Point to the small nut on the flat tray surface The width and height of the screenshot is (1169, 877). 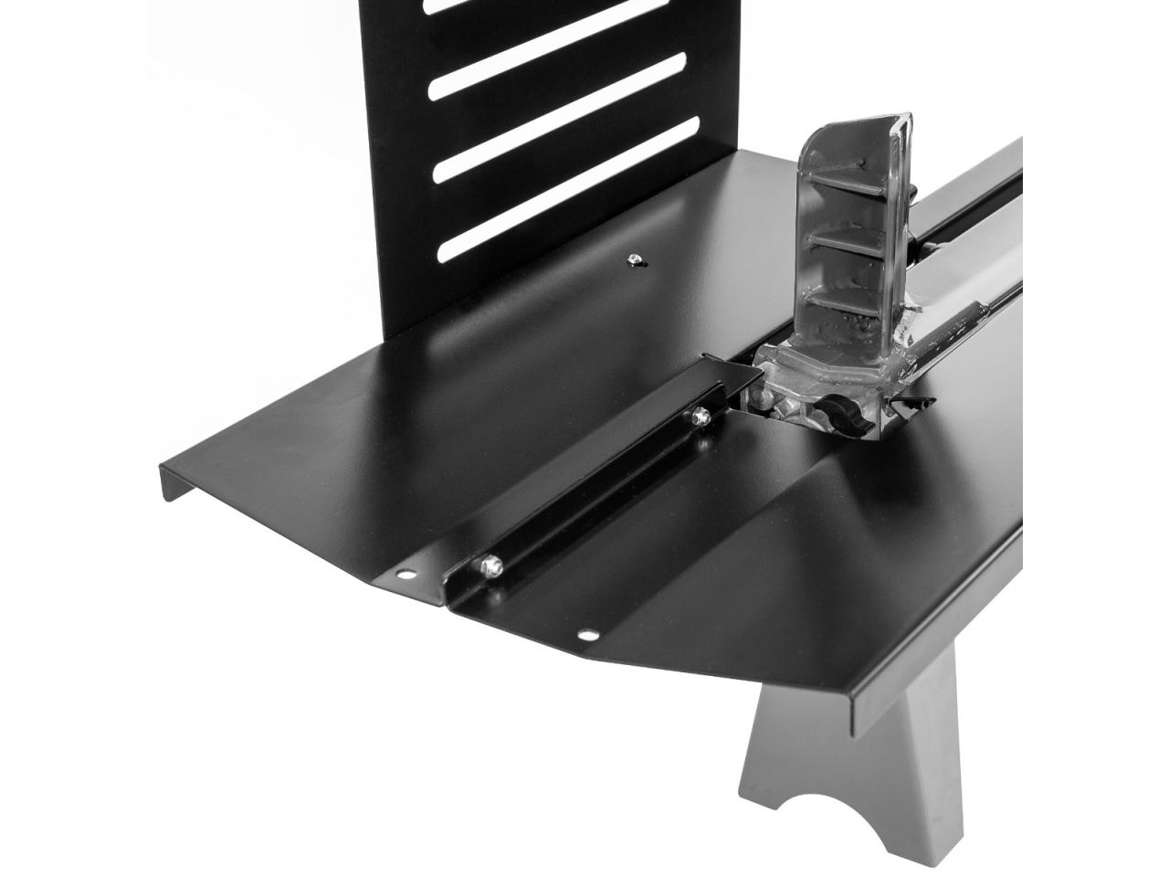[633, 262]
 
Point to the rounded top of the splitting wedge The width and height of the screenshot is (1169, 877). [849, 128]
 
